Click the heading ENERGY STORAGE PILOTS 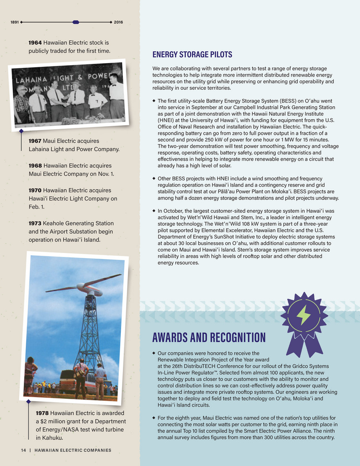192,55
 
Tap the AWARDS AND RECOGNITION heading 208,338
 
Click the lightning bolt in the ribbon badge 303,315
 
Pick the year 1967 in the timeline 35,141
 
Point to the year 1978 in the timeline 43,412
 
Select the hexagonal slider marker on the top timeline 75,22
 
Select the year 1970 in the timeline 35,191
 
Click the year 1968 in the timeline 35,166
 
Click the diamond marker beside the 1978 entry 29,402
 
